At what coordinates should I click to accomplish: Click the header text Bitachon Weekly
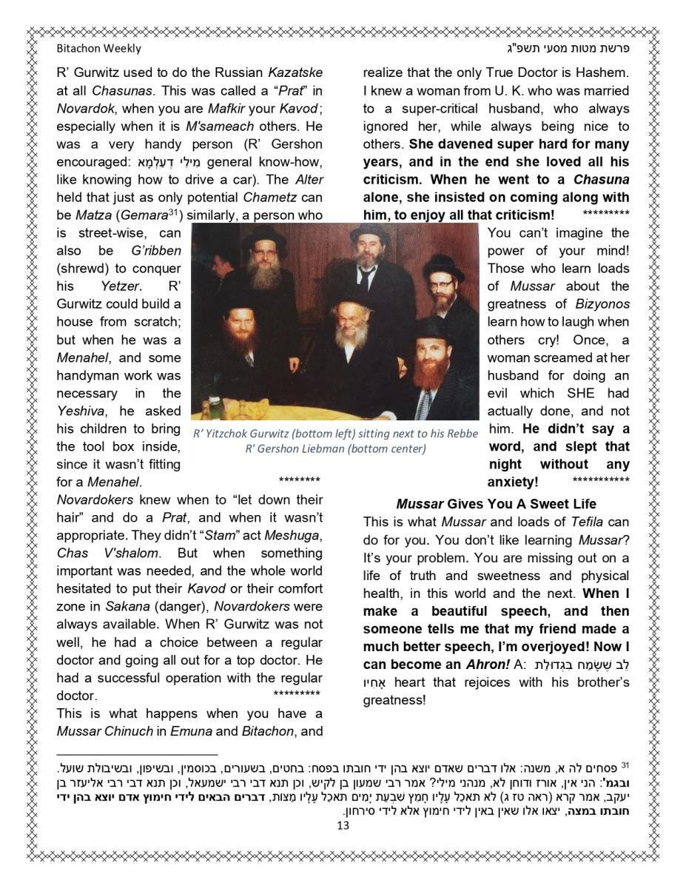98,49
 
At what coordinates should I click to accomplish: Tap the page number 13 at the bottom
343,825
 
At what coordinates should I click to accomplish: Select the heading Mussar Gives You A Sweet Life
496,504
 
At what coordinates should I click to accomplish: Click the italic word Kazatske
295,73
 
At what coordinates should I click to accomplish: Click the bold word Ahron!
486,665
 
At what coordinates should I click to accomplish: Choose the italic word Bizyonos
602,304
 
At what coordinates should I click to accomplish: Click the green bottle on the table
215,407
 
